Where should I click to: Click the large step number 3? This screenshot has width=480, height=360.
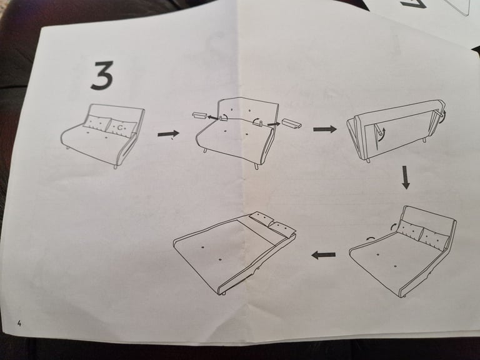[102, 75]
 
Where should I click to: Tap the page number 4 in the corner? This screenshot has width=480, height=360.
[20, 323]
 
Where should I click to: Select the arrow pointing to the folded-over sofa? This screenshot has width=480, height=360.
[324, 129]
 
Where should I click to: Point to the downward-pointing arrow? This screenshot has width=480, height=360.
[406, 177]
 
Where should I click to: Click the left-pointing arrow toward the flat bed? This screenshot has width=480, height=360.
[323, 254]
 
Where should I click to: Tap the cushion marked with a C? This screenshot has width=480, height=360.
[122, 127]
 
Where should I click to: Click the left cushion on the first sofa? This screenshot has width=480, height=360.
[97, 123]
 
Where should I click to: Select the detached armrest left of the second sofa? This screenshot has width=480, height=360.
[200, 116]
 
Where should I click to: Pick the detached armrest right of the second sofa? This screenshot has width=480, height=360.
[292, 123]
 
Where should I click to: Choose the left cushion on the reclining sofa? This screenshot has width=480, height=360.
[410, 230]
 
